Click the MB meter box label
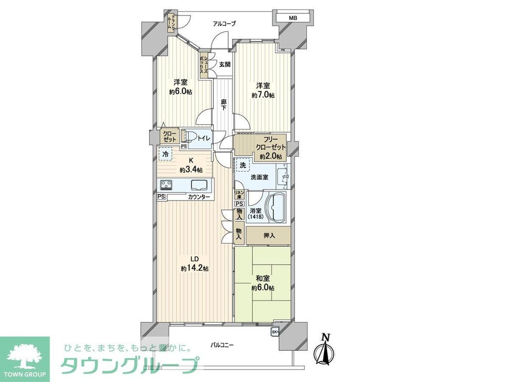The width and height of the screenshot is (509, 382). click(x=293, y=18)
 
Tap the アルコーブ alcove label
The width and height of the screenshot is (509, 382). click(x=224, y=23)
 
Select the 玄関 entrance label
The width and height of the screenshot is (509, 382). click(x=224, y=64)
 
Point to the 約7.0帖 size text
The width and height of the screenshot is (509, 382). click(x=263, y=95)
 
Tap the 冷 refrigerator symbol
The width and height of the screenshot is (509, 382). click(x=165, y=155)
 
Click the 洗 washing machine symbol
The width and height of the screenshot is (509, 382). click(x=243, y=165)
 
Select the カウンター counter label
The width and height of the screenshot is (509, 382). click(x=199, y=197)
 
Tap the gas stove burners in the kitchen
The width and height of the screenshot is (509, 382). click(x=166, y=186)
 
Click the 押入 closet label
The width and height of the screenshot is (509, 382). click(x=269, y=235)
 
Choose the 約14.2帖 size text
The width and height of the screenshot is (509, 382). click(x=194, y=269)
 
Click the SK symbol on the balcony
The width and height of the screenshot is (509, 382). click(x=275, y=332)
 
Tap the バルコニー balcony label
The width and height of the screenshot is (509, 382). click(x=222, y=345)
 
